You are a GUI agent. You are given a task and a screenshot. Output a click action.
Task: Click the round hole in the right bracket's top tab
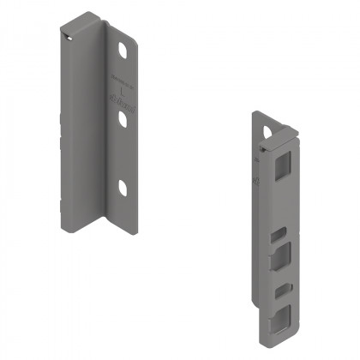[x=277, y=134]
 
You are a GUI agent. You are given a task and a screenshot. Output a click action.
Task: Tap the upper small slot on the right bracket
[x=277, y=232]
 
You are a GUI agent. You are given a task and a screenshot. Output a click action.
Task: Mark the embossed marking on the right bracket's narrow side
[x=257, y=181]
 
